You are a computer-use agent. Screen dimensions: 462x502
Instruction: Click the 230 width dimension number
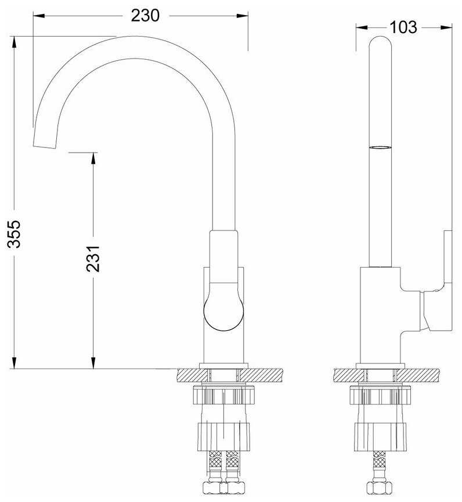pos(145,15)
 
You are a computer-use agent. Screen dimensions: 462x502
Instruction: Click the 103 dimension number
pos(403,27)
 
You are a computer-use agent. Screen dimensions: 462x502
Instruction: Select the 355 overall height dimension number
pos(14,234)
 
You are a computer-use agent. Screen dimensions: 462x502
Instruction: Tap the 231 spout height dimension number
pos(93,259)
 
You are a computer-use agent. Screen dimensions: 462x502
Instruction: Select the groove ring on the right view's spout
pos(380,147)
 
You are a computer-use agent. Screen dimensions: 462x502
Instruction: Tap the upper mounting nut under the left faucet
pos(224,395)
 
